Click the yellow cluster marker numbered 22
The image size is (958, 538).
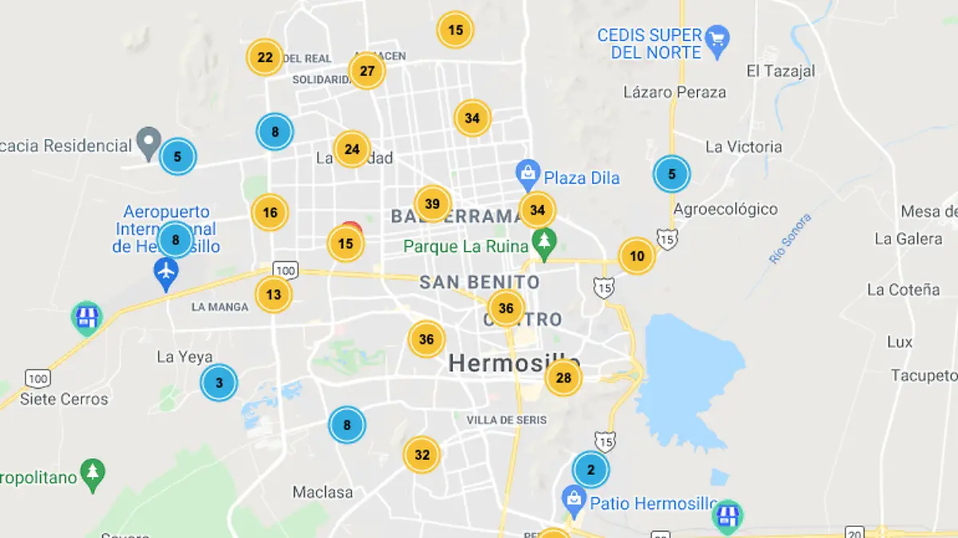265,57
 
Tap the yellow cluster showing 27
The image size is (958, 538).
367,71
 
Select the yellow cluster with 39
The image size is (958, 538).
433,204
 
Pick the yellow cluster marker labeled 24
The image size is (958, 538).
352,149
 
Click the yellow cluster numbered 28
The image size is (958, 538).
564,378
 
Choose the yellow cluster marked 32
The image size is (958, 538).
422,456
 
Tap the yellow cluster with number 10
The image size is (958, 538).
637,257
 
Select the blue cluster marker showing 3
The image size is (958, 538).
220,383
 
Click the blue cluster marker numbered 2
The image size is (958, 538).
591,470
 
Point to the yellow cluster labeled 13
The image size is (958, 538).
274,295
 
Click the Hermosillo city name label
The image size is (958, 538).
513,363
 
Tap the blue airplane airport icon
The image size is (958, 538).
167,273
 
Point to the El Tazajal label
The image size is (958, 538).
781,71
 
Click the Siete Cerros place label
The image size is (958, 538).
64,398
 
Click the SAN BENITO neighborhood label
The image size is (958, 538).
480,282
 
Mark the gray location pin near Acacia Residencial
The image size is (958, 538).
148,142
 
